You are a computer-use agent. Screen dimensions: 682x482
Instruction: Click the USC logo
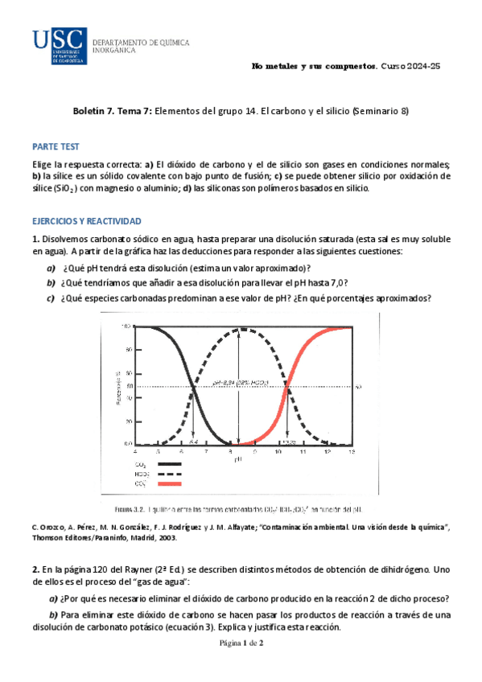tap(59, 43)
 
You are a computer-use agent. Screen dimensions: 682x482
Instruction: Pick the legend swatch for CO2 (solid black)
tap(180, 464)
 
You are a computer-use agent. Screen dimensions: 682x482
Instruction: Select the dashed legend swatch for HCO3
tap(180, 474)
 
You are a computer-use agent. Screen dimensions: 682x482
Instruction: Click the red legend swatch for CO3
tap(180, 484)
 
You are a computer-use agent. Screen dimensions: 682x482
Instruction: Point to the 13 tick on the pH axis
tap(352, 454)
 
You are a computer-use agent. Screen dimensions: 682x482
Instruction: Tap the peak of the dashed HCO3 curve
tap(239, 329)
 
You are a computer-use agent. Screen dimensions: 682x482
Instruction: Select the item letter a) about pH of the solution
tap(51, 268)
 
